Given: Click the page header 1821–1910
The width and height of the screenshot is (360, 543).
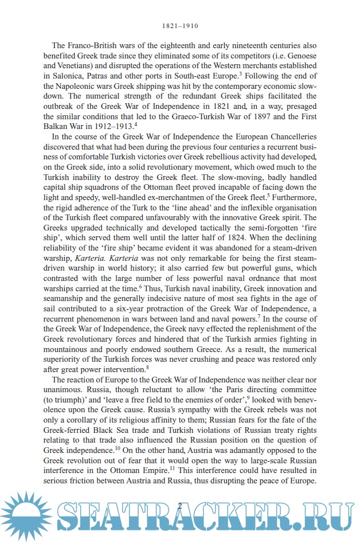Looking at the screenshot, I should tap(180, 26).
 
